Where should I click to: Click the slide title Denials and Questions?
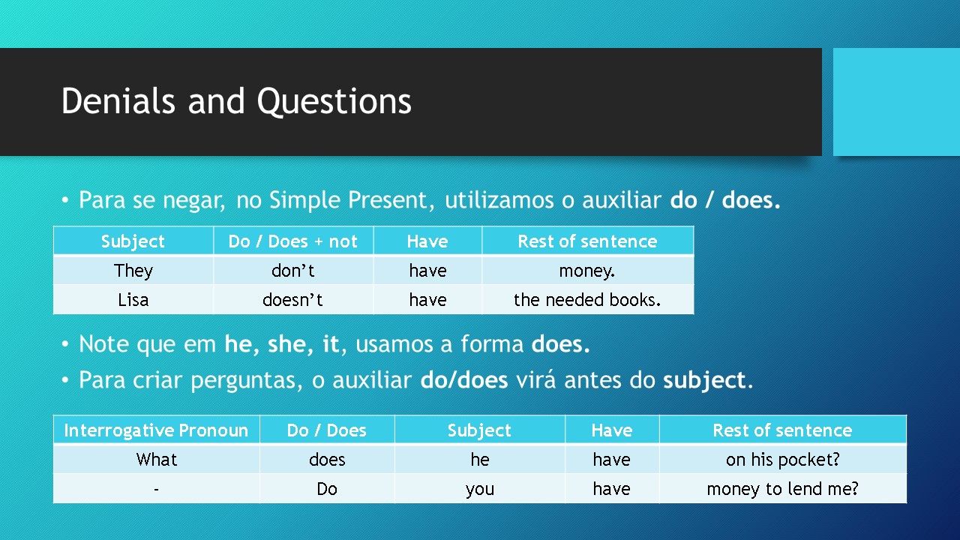[x=236, y=101]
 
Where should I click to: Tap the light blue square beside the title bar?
[x=896, y=102]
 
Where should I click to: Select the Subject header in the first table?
[x=133, y=241]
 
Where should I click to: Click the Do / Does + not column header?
[x=293, y=241]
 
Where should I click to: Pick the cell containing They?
[x=133, y=271]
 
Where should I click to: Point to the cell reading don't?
[x=293, y=271]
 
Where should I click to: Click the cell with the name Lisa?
[x=133, y=300]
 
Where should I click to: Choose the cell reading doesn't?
[x=293, y=300]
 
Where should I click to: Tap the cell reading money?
[x=587, y=271]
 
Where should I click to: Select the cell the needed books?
[x=587, y=300]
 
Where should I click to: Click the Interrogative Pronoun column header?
[x=156, y=430]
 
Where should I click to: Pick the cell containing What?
[x=157, y=459]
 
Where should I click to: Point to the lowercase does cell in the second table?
[x=327, y=459]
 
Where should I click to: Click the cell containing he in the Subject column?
[x=479, y=459]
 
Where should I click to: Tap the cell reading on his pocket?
[x=782, y=459]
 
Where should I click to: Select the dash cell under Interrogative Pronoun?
[x=157, y=489]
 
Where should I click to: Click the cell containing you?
[x=479, y=489]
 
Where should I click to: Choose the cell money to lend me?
[x=782, y=489]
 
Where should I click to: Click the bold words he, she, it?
[x=281, y=344]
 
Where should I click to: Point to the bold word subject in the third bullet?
[x=704, y=380]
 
